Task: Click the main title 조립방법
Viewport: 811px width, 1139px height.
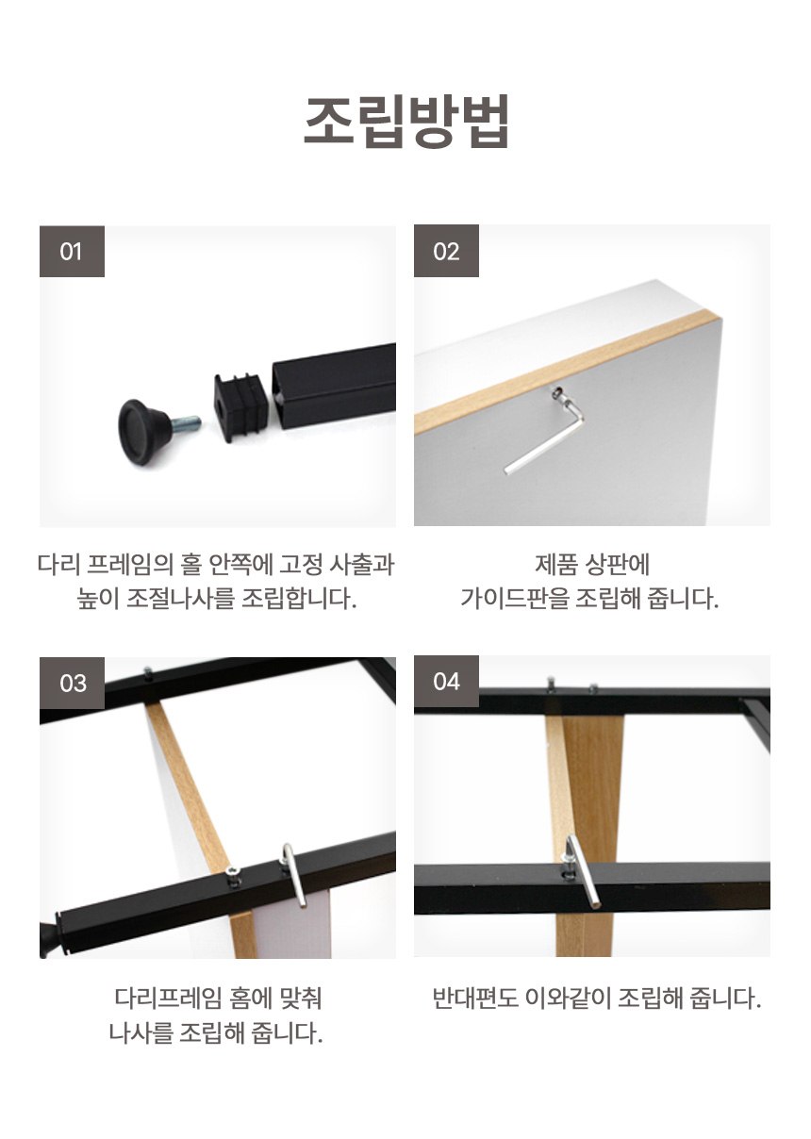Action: (406, 122)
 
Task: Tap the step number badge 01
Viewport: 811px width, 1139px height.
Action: (73, 251)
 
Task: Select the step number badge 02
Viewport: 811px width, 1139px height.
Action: (446, 251)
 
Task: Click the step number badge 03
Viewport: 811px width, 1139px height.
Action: (73, 683)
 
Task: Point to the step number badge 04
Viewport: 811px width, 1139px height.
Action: (446, 682)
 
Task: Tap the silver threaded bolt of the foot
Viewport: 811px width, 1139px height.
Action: (186, 422)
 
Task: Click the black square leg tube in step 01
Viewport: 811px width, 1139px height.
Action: (334, 386)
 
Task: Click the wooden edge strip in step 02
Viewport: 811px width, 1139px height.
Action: (568, 372)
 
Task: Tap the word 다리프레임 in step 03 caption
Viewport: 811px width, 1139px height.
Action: (168, 998)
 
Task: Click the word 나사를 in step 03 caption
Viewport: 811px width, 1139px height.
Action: (141, 1032)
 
